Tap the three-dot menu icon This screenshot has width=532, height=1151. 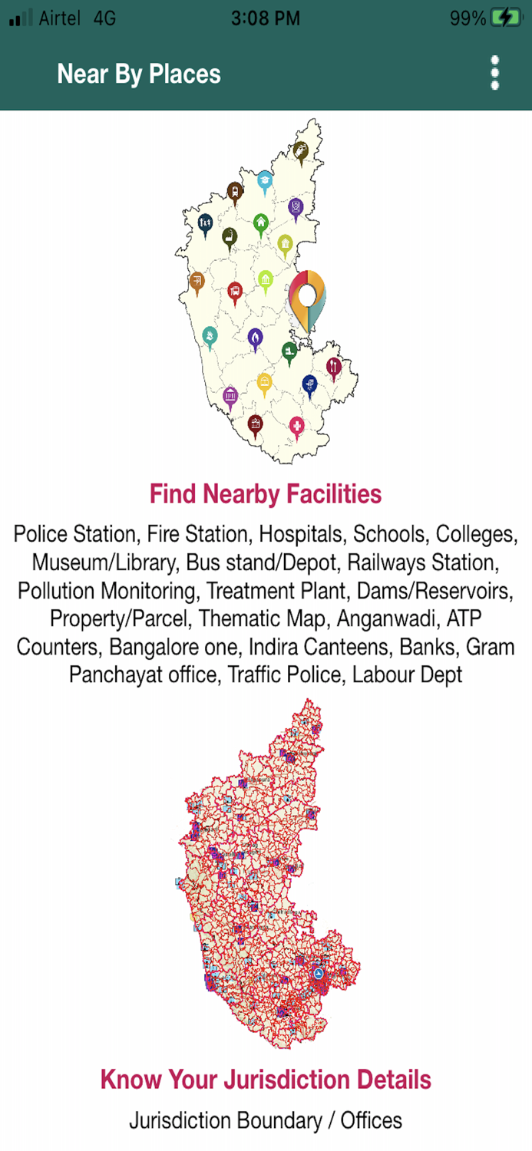(495, 73)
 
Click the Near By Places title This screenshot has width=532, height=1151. (138, 74)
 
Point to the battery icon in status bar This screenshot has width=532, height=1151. (505, 18)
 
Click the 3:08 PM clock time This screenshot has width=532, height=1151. (265, 18)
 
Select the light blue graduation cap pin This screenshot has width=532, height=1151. (265, 180)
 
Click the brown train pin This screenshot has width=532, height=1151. (234, 190)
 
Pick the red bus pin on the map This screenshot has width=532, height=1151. (235, 291)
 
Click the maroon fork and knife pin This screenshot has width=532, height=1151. (333, 366)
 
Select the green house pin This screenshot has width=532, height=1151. (261, 223)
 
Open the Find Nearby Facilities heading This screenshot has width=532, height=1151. (266, 493)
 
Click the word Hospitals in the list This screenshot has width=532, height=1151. (302, 534)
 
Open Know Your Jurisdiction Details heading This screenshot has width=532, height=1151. (266, 1080)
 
